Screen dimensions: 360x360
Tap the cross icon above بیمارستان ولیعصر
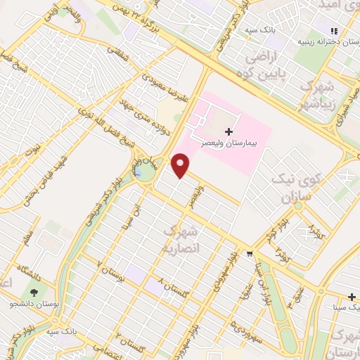[228, 131]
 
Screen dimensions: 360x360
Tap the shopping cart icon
[249, 254]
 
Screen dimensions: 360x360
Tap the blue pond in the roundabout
[143, 171]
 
